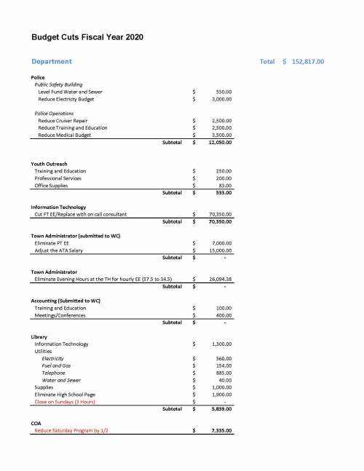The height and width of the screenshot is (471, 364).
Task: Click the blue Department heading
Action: coord(52,61)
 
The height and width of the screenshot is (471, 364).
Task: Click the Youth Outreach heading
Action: coord(52,164)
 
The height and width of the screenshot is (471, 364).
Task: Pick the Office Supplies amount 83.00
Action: coord(224,186)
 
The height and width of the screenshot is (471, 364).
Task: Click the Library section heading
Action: coord(39,336)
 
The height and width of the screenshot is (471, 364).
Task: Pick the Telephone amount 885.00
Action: coord(223,373)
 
